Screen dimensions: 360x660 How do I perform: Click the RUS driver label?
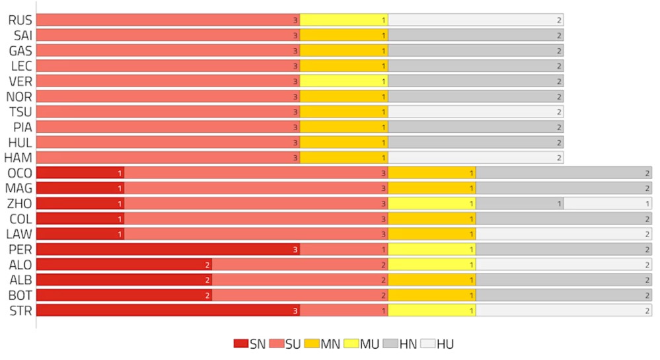coord(20,20)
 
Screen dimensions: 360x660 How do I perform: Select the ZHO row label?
coord(19,203)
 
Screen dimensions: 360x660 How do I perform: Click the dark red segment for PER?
coord(168,249)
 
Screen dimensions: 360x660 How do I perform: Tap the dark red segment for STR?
coord(168,310)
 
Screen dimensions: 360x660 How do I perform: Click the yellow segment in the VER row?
coord(344,81)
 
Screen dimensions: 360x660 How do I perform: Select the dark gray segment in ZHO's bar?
coord(519,203)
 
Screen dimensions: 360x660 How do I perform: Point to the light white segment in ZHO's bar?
coord(608,203)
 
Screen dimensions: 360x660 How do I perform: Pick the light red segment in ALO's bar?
coord(300,264)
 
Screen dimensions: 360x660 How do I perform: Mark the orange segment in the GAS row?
coord(344,50)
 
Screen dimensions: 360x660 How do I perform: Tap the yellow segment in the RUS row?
coord(344,20)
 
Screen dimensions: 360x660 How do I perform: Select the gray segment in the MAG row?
coord(564,188)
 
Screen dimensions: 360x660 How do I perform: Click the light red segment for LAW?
coord(256,234)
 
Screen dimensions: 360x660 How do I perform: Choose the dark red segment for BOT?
coord(124,295)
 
